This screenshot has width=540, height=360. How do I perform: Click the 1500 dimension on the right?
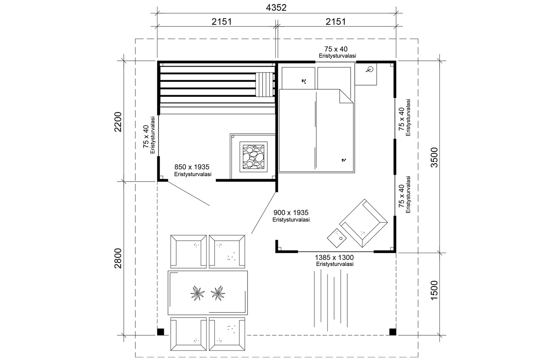(434, 290)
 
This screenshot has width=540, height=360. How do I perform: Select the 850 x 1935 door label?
(192, 167)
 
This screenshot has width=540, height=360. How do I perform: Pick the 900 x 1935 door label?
(291, 213)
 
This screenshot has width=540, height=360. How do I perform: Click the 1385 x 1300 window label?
(334, 258)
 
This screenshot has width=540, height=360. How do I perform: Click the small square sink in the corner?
(366, 74)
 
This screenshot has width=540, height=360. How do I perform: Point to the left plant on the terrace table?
(197, 292)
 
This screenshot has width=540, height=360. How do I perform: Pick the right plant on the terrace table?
(218, 292)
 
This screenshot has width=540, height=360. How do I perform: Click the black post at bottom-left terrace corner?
(160, 331)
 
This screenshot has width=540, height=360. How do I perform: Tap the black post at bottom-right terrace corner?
(392, 331)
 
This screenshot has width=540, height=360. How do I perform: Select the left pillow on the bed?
(298, 78)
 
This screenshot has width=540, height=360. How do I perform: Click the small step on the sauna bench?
(265, 84)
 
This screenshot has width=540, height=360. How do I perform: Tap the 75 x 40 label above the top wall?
(336, 49)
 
